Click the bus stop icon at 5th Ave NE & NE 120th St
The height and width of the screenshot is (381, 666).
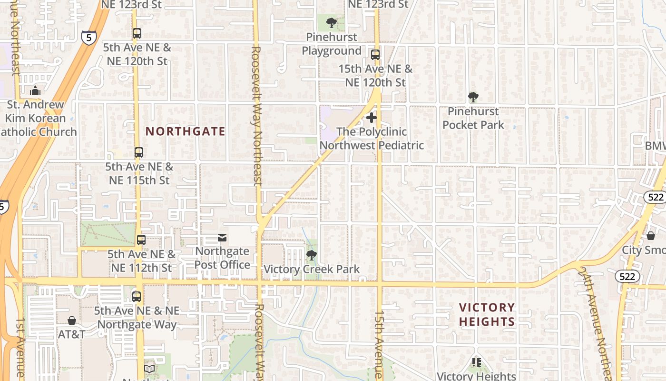137,33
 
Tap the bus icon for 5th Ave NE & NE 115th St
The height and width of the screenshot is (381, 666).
138,152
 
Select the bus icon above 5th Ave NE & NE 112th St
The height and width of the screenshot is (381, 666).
141,240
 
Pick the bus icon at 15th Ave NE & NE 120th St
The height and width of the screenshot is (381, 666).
375,54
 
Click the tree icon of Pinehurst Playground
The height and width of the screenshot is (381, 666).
332,22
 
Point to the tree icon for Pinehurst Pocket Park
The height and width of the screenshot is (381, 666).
473,97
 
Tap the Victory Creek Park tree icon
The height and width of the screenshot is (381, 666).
312,255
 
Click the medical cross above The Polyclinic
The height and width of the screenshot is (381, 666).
372,117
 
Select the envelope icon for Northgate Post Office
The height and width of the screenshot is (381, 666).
222,237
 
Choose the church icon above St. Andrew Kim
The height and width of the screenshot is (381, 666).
35,90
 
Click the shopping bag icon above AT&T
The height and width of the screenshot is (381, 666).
72,321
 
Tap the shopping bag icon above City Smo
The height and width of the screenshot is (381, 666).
650,236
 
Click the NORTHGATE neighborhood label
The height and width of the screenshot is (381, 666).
185,131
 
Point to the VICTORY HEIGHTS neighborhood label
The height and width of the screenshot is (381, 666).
487,314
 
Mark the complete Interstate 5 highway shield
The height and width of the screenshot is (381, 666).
88,38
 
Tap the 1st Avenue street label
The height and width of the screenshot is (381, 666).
20,348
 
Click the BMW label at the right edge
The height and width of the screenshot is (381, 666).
656,146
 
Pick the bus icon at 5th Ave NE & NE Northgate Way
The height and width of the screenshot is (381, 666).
137,296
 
